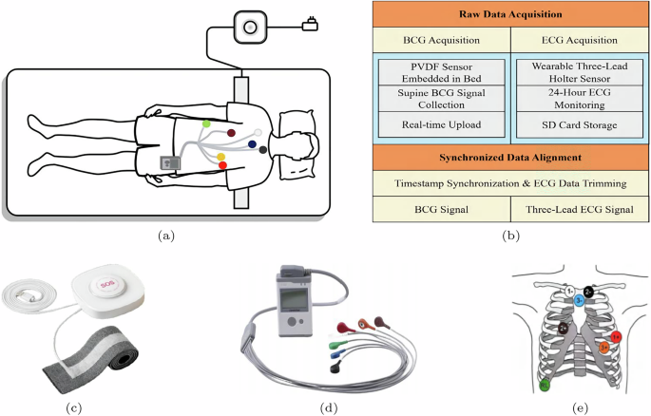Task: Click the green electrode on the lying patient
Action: click(207, 124)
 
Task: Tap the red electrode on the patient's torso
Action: click(223, 166)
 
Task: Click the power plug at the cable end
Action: click(308, 21)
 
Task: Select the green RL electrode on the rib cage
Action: click(544, 386)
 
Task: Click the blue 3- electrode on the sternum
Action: click(579, 300)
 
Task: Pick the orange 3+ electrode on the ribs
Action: click(604, 348)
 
